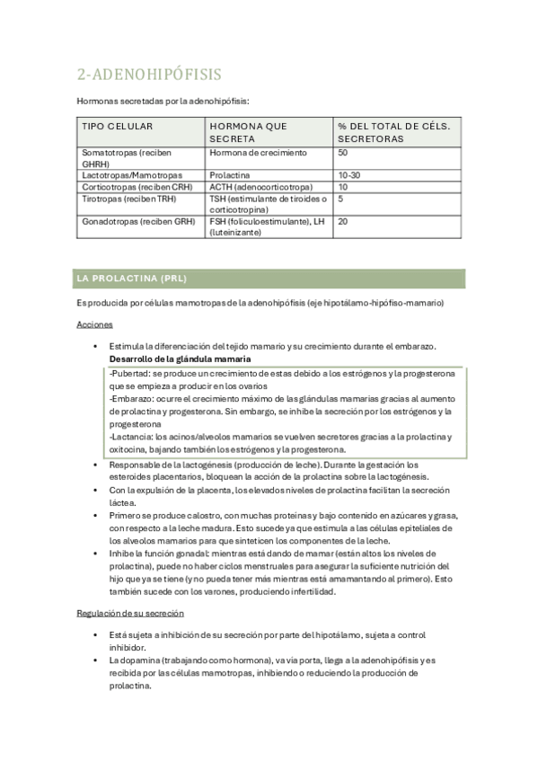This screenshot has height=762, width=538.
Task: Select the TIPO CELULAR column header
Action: pos(118,127)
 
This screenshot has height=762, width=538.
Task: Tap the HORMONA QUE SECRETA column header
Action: pos(247,133)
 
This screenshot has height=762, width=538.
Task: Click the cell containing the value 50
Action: pos(343,153)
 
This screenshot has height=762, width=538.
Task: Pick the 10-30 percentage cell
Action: pos(349,174)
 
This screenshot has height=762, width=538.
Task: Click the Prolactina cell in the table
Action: pos(229,174)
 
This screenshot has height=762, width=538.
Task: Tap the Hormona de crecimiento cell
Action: pos(258,153)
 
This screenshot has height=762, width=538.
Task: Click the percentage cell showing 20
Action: pos(343,220)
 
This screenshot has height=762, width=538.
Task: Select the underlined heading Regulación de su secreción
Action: pos(130,613)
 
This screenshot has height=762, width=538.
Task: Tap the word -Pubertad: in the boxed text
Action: pos(131,373)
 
